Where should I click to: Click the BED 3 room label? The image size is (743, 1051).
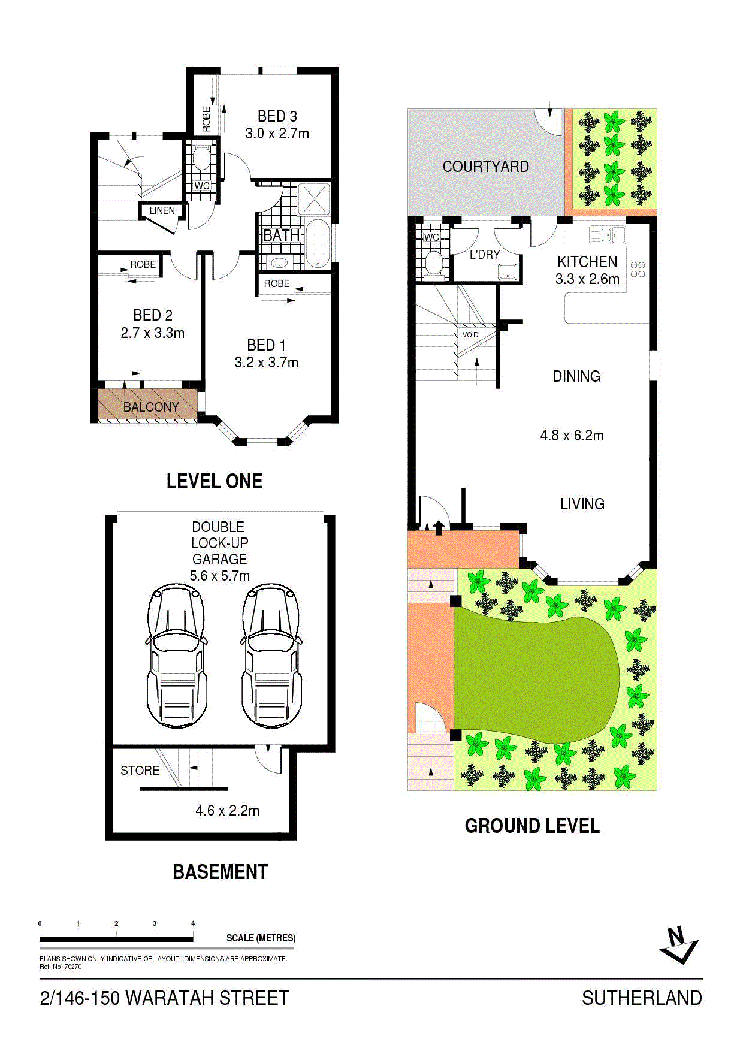click(x=277, y=116)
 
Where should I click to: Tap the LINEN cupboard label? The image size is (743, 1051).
click(x=162, y=210)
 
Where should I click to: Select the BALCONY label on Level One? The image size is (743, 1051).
click(x=151, y=407)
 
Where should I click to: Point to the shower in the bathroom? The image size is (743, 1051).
click(x=314, y=198)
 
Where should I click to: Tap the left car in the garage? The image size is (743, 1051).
click(x=177, y=656)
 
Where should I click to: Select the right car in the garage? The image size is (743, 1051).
click(x=271, y=656)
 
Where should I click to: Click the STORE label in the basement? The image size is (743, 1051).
click(x=140, y=771)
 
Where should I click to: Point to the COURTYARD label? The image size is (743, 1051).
click(x=486, y=167)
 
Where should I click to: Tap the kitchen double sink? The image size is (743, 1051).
click(x=608, y=235)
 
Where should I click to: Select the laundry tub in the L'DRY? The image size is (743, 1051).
click(x=508, y=272)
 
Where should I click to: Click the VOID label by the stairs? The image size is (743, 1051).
click(x=470, y=335)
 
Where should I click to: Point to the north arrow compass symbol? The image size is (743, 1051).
click(x=679, y=945)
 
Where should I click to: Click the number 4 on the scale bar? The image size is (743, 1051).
click(x=193, y=923)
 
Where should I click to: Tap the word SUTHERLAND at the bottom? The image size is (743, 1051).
click(x=642, y=998)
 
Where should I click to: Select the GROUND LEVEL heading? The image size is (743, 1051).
click(x=532, y=826)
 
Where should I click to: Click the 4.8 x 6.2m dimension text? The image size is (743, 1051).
click(x=572, y=436)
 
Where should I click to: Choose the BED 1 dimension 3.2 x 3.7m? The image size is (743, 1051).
click(x=267, y=363)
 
